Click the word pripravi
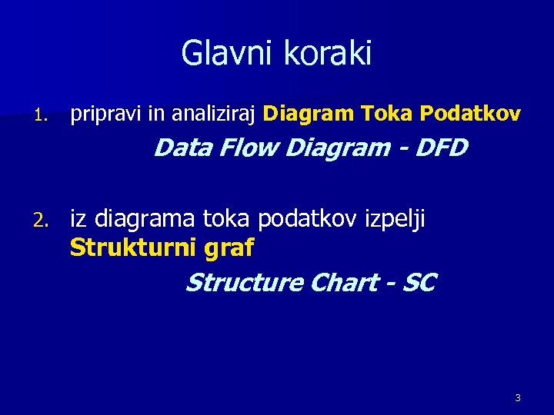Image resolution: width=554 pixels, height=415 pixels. (106, 115)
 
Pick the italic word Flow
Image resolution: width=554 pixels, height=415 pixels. (249, 147)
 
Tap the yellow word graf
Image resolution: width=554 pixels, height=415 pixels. (230, 248)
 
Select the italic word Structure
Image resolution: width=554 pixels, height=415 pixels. (244, 283)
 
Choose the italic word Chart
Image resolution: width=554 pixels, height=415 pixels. (342, 283)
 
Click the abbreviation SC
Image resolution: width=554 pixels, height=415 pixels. (419, 283)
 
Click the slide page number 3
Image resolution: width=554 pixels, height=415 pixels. (517, 397)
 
